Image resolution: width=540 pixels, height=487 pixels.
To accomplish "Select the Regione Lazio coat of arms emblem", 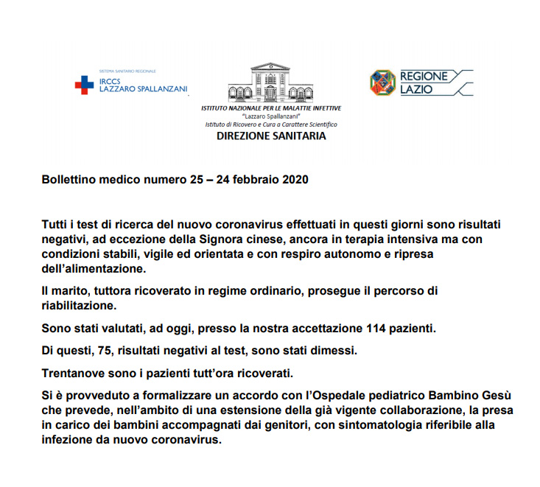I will (x=382, y=82).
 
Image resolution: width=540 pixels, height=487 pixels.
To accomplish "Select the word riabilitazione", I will (x=78, y=305).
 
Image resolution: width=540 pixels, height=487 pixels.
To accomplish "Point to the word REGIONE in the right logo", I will (x=423, y=75).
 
